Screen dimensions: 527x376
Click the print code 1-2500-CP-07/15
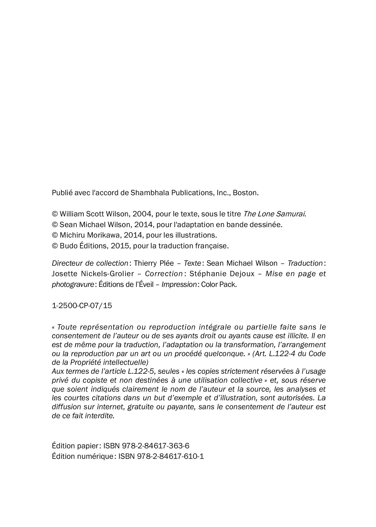(x=82, y=306)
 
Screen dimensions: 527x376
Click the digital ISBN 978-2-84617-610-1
(x=171, y=456)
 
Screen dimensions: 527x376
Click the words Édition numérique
(x=82, y=456)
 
